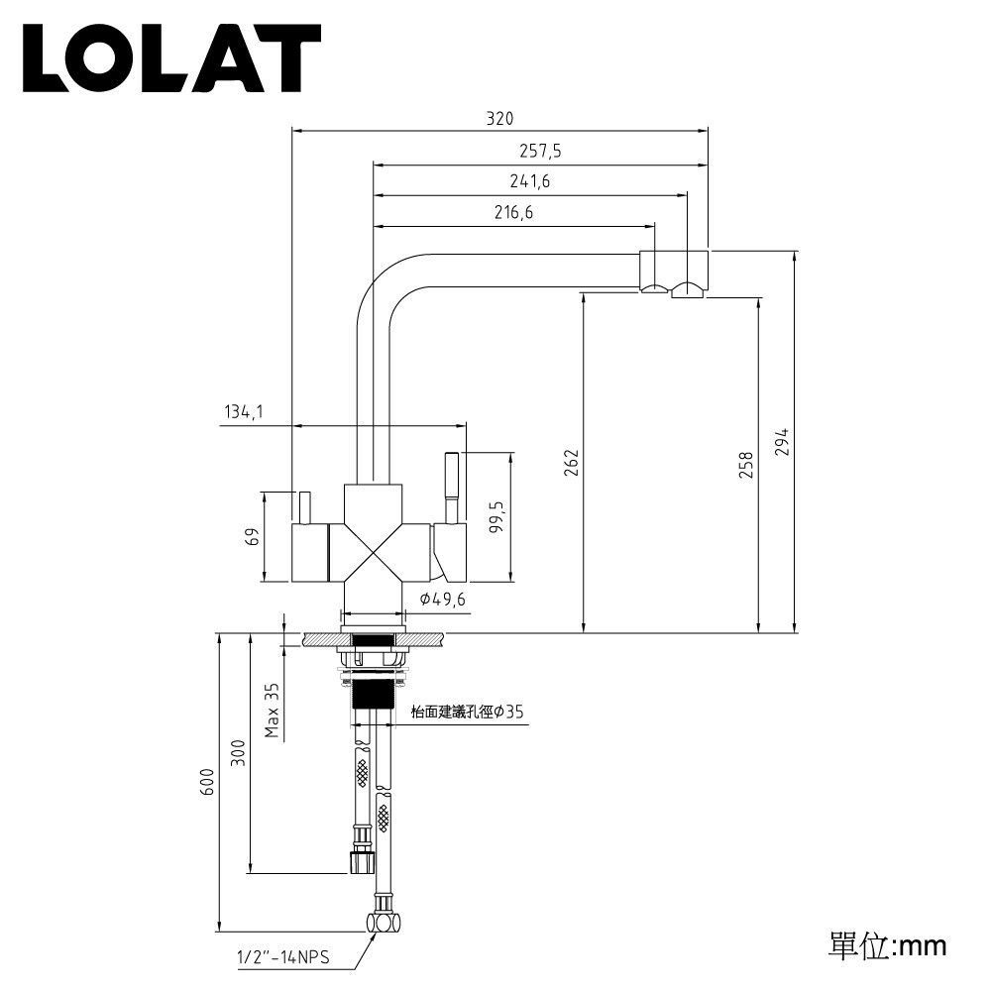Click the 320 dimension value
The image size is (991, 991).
pyautogui.click(x=499, y=119)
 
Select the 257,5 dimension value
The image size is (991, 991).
pyautogui.click(x=540, y=151)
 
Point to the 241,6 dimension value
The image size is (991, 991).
pyautogui.click(x=530, y=181)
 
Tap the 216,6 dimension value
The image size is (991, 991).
pyautogui.click(x=513, y=212)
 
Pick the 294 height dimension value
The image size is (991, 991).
pyautogui.click(x=781, y=442)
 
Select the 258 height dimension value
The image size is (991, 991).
pyautogui.click(x=746, y=464)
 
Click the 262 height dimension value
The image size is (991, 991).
pyautogui.click(x=571, y=462)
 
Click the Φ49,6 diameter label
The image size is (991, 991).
pyautogui.click(x=442, y=599)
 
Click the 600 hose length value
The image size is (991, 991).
pyautogui.click(x=207, y=783)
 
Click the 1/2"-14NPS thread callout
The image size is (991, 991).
pyautogui.click(x=282, y=958)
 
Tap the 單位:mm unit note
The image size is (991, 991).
pyautogui.click(x=887, y=944)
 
